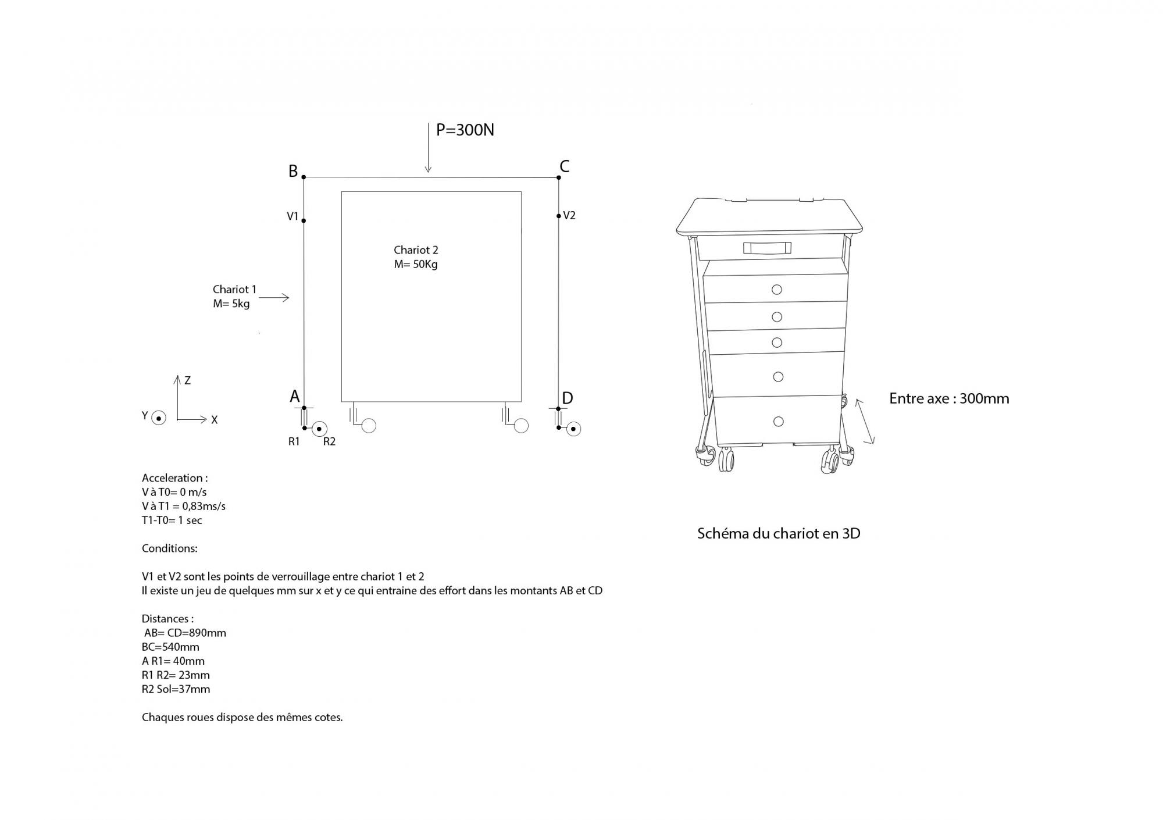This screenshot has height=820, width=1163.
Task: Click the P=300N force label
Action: pos(465,130)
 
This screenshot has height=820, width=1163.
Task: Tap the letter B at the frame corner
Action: pos(293,171)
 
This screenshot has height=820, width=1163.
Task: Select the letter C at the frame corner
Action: pos(564,166)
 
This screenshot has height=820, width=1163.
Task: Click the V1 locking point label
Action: pos(292,216)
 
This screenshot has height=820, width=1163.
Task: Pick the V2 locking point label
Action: pos(569,215)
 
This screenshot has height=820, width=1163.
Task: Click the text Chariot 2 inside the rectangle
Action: pos(416,250)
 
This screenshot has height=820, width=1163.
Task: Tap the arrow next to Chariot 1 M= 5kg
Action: pos(274,298)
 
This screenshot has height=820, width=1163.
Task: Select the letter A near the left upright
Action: pos(295,397)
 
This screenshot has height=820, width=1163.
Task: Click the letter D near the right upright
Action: pos(568,398)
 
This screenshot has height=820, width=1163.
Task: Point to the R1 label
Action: pos(294,441)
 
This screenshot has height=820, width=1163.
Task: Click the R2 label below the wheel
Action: pos(329,441)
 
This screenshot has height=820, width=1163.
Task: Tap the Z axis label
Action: pos(187,380)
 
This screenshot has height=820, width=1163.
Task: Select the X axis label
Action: pos(215,420)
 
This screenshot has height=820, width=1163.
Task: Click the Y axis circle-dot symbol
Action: pos(159,418)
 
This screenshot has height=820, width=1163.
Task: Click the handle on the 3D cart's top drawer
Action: pos(767,248)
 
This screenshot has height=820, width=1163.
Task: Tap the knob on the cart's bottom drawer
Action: pos(779,421)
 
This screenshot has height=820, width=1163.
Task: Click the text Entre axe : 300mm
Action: pos(949,398)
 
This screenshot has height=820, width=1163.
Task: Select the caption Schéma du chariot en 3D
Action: pos(779,533)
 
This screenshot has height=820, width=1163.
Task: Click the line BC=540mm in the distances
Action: pos(170,647)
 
